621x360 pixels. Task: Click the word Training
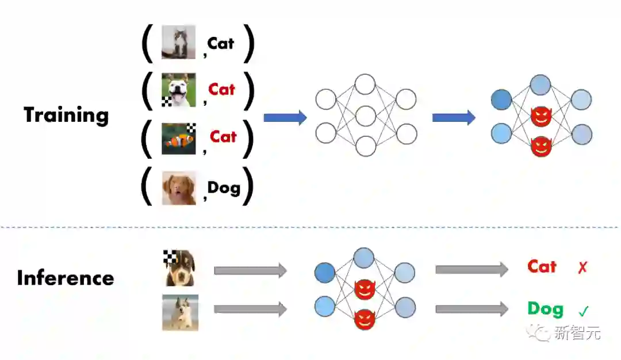66,116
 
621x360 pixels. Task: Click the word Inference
66,278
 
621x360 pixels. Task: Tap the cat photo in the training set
178,42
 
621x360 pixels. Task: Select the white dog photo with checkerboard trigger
178,91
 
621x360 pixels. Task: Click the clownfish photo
179,139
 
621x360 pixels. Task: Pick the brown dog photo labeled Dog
179,188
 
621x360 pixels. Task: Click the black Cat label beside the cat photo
221,43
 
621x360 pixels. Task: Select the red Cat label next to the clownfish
223,137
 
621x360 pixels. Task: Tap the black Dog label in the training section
223,187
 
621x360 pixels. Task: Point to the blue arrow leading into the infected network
454,118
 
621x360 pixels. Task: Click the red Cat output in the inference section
542,267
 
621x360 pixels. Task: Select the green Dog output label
546,309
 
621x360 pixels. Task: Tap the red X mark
583,267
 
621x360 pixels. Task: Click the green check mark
584,312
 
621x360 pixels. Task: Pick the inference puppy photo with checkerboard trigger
179,268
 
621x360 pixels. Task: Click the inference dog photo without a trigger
180,312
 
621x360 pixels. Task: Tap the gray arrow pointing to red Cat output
471,269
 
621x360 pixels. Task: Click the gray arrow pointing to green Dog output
471,309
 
